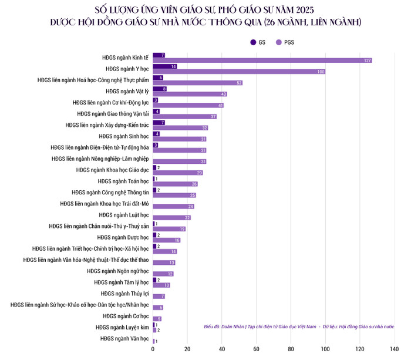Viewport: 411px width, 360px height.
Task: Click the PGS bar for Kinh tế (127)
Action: (x=262, y=60)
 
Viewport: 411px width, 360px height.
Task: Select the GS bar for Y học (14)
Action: (x=165, y=66)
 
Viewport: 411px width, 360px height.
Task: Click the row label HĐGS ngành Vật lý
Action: (x=127, y=91)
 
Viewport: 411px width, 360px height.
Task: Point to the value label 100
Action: (x=321, y=72)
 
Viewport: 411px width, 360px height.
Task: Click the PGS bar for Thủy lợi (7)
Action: (x=159, y=296)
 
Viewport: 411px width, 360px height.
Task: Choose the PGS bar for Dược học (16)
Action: (x=167, y=240)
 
